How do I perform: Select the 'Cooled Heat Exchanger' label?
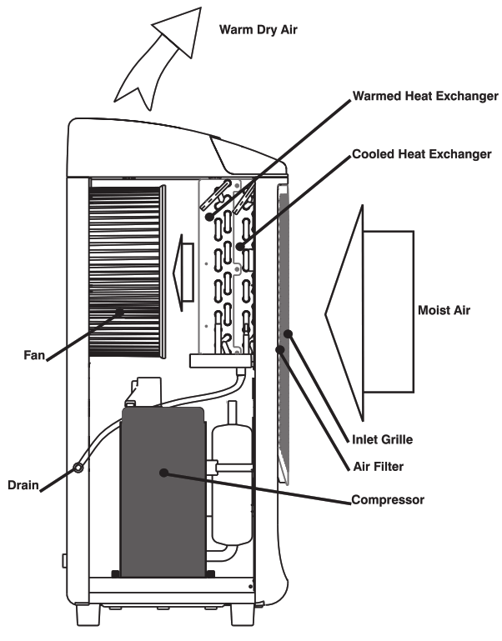click(x=422, y=154)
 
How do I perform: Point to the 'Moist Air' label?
click(x=444, y=310)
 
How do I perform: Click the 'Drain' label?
click(x=23, y=484)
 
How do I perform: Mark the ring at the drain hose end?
click(x=78, y=468)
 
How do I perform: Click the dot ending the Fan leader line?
click(x=122, y=313)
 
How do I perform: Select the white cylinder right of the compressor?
click(x=226, y=483)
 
